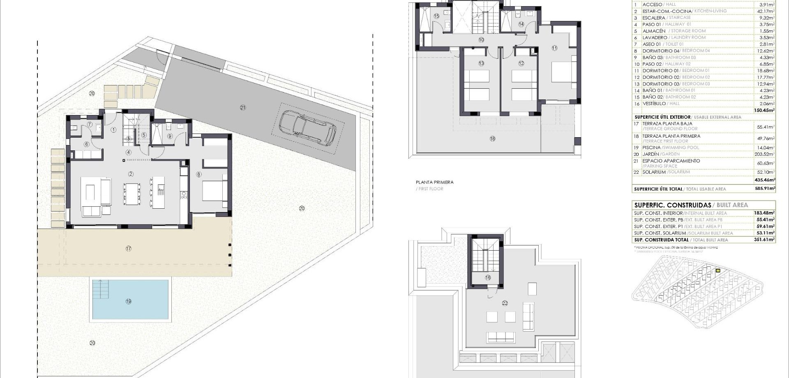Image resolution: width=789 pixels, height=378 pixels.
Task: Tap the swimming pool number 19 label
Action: pyautogui.click(x=129, y=301)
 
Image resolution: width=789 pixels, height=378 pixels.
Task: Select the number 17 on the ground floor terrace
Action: pyautogui.click(x=129, y=248)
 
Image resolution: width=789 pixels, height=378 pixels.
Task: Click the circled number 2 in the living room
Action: pyautogui.click(x=131, y=174)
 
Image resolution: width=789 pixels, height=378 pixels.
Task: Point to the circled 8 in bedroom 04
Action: pyautogui.click(x=199, y=174)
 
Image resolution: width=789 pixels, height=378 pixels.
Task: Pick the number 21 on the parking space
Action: pyautogui.click(x=243, y=108)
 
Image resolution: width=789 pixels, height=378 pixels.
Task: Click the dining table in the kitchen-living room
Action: pyautogui.click(x=132, y=194)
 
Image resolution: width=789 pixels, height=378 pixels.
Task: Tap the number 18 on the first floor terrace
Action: pyautogui.click(x=492, y=138)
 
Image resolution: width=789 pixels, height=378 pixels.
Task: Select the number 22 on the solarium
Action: pyautogui.click(x=505, y=303)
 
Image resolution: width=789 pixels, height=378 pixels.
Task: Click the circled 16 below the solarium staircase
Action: pyautogui.click(x=488, y=277)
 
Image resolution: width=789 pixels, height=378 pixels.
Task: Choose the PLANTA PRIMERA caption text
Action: pyautogui.click(x=434, y=182)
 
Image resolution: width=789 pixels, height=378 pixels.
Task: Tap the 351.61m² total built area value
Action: pyautogui.click(x=764, y=240)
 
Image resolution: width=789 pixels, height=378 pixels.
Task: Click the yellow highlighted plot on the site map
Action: pyautogui.click(x=718, y=270)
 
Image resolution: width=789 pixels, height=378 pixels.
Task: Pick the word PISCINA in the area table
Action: pyautogui.click(x=651, y=148)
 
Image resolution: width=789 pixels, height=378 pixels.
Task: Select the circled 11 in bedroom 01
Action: pyautogui.click(x=554, y=48)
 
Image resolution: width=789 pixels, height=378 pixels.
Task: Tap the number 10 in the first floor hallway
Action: pyautogui.click(x=481, y=40)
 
